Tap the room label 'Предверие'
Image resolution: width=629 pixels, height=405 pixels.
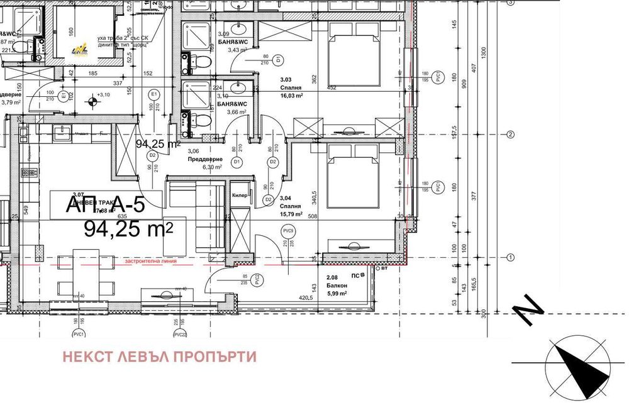(202, 160)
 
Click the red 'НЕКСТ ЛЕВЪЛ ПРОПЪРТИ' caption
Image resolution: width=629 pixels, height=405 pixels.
(160, 357)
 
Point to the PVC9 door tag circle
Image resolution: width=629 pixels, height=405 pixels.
(289, 230)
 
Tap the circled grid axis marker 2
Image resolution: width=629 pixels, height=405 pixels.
(511, 135)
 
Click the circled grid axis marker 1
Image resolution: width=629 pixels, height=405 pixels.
(511, 257)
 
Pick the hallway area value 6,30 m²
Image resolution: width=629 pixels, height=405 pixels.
(212, 167)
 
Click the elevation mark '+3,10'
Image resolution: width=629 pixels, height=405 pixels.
(102, 95)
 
